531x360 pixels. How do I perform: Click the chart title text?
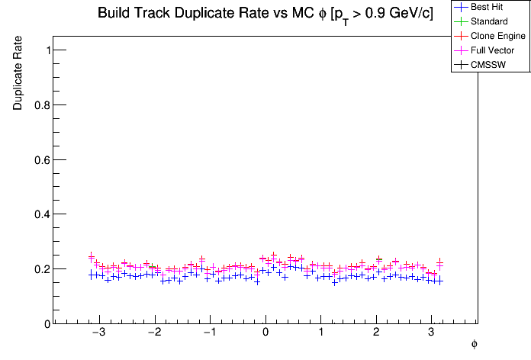265,14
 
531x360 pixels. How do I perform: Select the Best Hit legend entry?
488,7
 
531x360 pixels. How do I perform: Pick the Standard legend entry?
489,21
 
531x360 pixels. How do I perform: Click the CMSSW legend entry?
489,65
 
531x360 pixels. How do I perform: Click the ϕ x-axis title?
474,345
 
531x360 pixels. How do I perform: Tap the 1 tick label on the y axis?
48,50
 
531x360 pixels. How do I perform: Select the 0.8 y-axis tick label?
44,104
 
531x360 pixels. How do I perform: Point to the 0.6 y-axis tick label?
44,159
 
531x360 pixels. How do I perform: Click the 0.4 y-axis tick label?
44,214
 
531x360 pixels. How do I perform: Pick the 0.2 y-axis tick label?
44,269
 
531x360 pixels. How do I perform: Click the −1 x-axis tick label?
209,333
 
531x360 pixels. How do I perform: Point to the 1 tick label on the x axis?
321,333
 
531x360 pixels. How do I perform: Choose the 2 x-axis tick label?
376,333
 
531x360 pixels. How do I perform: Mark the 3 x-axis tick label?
432,333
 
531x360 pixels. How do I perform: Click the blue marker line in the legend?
460,7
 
